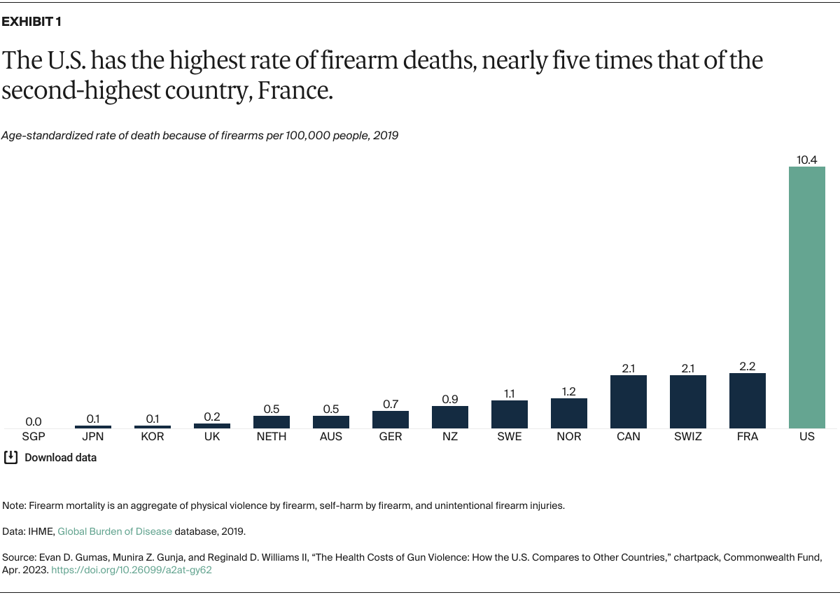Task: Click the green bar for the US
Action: [x=807, y=297]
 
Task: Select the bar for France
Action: [x=748, y=400]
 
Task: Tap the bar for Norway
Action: [x=569, y=413]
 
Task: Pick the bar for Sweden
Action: [x=510, y=414]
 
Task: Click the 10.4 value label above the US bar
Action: [x=807, y=160]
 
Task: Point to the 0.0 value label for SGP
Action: [x=34, y=421]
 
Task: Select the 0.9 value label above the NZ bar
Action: [x=450, y=399]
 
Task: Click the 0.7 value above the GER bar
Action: [x=391, y=404]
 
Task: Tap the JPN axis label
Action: [x=93, y=437]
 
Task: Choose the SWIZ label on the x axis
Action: [x=688, y=437]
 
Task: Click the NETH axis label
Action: [x=272, y=437]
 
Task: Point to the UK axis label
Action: [x=212, y=437]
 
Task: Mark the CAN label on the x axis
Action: [x=629, y=437]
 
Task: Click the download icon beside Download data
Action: [x=10, y=458]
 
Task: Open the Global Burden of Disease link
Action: [x=115, y=531]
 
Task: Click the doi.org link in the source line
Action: [x=131, y=570]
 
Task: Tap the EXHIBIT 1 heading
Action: [x=31, y=22]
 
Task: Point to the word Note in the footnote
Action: [x=13, y=505]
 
